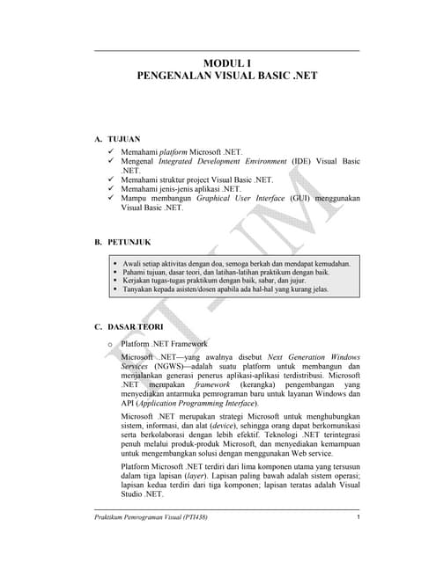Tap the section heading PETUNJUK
pyautogui.click(x=130, y=240)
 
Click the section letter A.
pyautogui.click(x=97, y=139)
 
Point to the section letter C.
pyautogui.click(x=97, y=327)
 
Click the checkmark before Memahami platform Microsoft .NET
pyautogui.click(x=110, y=152)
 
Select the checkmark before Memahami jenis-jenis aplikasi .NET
pyautogui.click(x=110, y=188)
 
